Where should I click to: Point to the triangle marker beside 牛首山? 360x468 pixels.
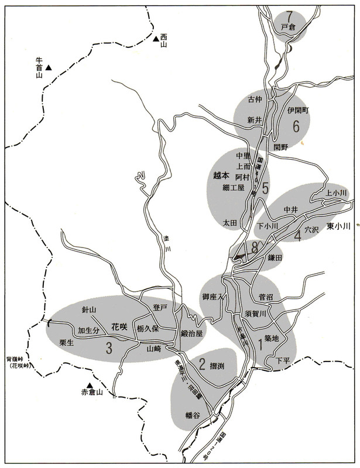(x=50, y=69)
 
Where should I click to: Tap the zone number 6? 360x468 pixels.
(x=296, y=126)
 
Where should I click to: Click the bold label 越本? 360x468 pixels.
(x=222, y=175)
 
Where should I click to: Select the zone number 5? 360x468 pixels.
(x=265, y=188)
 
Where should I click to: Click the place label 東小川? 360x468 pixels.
(x=338, y=226)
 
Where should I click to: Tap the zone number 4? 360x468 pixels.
(x=297, y=235)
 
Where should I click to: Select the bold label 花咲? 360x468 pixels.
(x=119, y=329)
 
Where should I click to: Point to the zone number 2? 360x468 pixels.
(x=202, y=366)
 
